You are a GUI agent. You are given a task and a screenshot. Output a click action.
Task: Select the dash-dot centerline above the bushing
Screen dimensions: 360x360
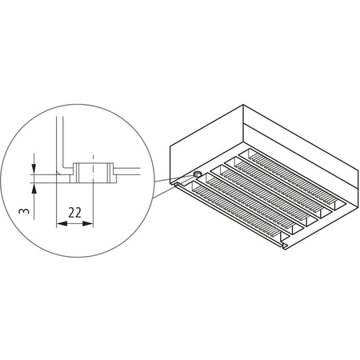point(94,154)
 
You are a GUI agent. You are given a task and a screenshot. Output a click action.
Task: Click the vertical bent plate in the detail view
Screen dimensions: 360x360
point(59,144)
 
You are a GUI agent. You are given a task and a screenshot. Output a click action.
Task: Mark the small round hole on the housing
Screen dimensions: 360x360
point(196,173)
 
